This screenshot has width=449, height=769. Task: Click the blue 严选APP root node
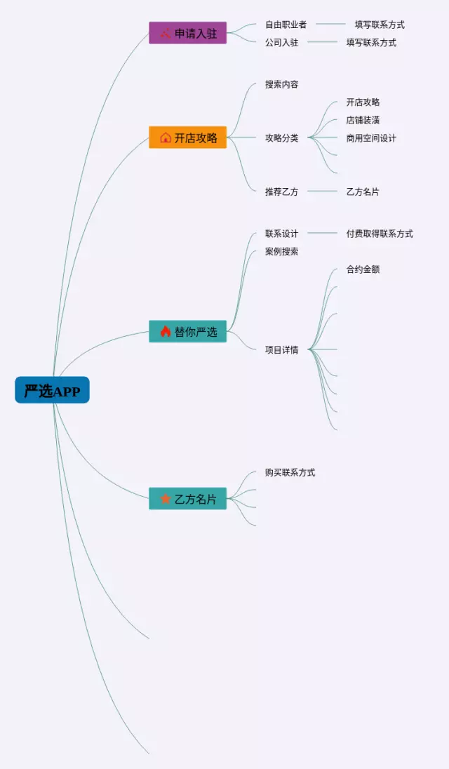click(52, 390)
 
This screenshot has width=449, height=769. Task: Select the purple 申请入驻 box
click(187, 33)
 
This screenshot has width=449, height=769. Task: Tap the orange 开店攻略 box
click(187, 138)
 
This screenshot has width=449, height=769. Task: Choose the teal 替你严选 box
click(187, 331)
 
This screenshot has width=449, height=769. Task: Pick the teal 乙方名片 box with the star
click(187, 499)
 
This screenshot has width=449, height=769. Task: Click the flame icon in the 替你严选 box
click(166, 331)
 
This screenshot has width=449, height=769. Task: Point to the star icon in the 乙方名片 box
click(166, 499)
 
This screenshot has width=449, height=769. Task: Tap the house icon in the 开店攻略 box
click(166, 138)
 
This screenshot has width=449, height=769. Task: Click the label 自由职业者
click(286, 25)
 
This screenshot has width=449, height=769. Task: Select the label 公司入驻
click(281, 42)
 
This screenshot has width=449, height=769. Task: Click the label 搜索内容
click(281, 84)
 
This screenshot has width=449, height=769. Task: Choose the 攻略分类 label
click(281, 138)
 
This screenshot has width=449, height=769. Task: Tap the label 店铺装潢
click(363, 120)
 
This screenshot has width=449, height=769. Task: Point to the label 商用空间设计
click(371, 138)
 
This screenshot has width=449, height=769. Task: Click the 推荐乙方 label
click(281, 192)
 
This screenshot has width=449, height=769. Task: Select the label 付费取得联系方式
click(380, 234)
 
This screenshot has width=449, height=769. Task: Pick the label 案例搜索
click(281, 251)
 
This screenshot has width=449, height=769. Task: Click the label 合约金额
click(363, 269)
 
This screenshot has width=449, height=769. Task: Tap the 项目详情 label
click(281, 349)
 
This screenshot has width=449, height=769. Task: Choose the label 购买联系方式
click(290, 472)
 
